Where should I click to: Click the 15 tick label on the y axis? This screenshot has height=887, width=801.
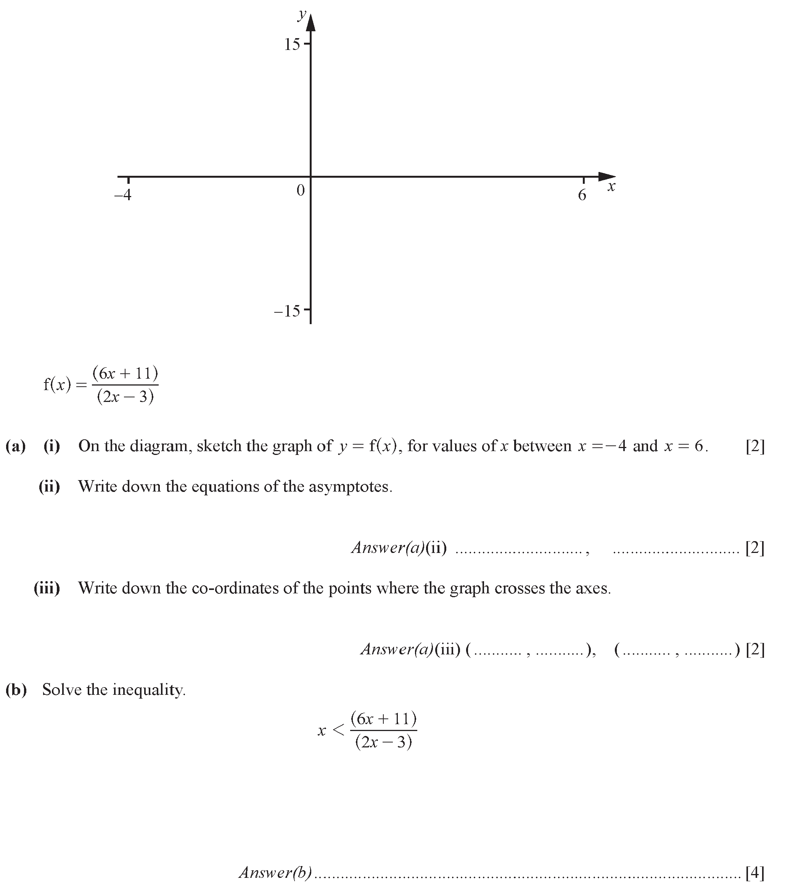coord(292,45)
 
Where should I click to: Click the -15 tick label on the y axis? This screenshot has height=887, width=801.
coord(287,312)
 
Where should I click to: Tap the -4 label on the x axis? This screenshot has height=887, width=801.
coord(123,194)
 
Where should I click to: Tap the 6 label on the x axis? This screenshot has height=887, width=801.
coord(582,194)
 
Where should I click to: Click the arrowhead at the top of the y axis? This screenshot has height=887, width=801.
coord(311,23)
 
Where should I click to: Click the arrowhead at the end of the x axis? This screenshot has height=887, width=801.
coord(607,177)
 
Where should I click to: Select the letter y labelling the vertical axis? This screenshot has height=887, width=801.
coord(301,14)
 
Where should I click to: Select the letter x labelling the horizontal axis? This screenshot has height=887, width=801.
coord(611,187)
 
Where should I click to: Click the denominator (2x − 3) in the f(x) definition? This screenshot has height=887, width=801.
coord(125,397)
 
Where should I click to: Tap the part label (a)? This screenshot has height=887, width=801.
coord(16,446)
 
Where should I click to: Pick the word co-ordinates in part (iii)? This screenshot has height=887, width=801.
coord(235,588)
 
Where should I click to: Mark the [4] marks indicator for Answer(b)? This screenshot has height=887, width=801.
coord(755,872)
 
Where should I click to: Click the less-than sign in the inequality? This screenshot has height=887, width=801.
coord(338,730)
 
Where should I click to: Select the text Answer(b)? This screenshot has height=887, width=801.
coord(275,872)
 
